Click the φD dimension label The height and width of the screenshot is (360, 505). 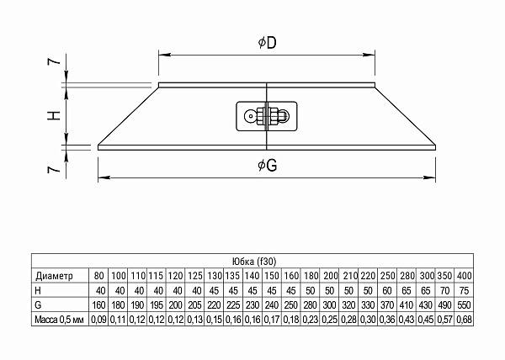pyautogui.click(x=266, y=42)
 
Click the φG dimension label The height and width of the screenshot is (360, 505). pyautogui.click(x=268, y=166)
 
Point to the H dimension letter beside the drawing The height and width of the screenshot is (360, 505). pyautogui.click(x=53, y=116)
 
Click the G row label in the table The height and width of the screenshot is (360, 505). pyautogui.click(x=39, y=304)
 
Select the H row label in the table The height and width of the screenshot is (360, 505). pyautogui.click(x=39, y=290)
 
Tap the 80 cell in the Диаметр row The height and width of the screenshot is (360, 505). pyautogui.click(x=99, y=275)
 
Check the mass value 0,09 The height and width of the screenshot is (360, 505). pyautogui.click(x=99, y=320)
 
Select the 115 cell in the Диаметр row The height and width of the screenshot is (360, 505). pyautogui.click(x=156, y=275)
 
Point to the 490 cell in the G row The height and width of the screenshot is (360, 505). pyautogui.click(x=445, y=304)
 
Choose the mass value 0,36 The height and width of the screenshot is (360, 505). pyautogui.click(x=386, y=320)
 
